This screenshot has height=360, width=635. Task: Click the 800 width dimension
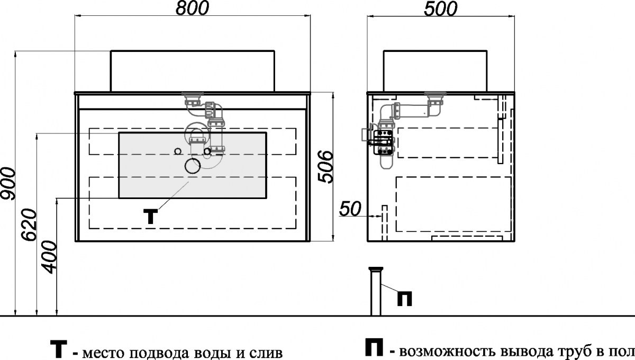pos(192,8)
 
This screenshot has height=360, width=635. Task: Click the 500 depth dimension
pos(440,9)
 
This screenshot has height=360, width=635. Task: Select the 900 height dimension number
pos(8,183)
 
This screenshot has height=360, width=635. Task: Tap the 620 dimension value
pos(30,225)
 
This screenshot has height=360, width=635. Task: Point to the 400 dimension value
pos(49,257)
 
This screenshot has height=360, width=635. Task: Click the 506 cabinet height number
pos(325,167)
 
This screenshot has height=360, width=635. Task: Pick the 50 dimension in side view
pos(350,209)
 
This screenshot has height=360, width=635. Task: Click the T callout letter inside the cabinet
pos(150,217)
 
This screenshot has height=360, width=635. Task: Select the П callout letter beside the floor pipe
pos(404,299)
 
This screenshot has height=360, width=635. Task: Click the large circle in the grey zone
pos(193,166)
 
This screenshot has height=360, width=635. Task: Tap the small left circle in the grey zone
pos(178,151)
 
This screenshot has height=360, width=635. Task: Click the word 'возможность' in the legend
pos(447,352)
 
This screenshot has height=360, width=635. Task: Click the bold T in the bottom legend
pos(59,349)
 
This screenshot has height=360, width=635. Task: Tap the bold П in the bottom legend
pos(374,347)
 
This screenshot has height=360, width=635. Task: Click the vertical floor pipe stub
pos(376,291)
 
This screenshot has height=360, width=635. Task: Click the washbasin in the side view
pos(435,71)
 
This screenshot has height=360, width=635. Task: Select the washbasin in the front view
pos(193,71)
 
